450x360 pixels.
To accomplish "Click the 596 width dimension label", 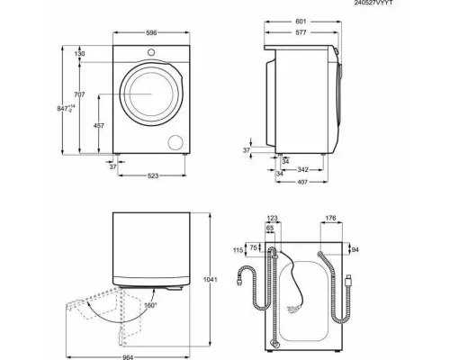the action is coord(151,32).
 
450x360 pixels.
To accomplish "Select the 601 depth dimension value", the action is coord(301,22).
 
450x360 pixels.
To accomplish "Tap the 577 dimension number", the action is coord(301,32).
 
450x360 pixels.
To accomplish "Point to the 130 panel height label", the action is coord(79,54).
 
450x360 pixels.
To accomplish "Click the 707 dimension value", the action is coord(79,94).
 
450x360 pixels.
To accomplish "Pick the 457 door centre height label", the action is coord(99,126).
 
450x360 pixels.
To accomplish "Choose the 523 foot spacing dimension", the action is coord(153,175).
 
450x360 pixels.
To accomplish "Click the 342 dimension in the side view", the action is coord(302,170).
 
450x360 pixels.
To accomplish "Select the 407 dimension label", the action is coord(302,182).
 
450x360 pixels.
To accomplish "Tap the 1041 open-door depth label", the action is coord(211,280).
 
